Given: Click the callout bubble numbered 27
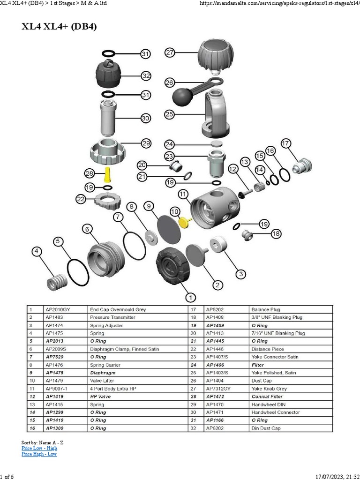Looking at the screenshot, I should tap(170, 53).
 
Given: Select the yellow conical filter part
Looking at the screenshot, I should tap(108, 175).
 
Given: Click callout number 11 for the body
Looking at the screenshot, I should tap(183, 194).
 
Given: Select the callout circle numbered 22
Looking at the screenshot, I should tap(81, 199).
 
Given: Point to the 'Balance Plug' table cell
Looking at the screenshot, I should tap(265, 309).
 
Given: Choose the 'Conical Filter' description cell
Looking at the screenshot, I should tap(267, 397).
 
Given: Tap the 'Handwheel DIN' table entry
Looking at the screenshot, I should tap(268, 405).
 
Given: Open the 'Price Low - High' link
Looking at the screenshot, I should tap(39, 448).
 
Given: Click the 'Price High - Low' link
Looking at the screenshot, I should tap(39, 454).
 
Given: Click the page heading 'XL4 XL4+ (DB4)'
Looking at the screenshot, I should tap(59, 27).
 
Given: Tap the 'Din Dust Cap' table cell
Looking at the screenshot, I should tap(265, 428).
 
